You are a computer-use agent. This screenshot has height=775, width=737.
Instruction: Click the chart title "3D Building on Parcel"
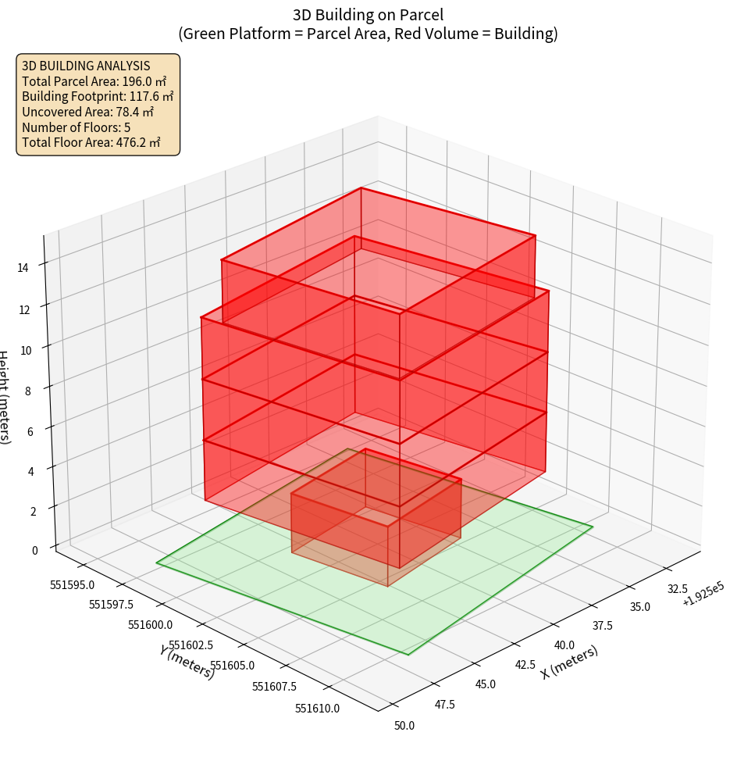[368, 14]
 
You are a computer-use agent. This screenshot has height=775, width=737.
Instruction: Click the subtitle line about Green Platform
[368, 34]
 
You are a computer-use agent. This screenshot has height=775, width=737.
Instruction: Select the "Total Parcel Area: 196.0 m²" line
[94, 80]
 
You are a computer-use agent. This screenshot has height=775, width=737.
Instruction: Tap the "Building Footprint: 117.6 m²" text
[98, 96]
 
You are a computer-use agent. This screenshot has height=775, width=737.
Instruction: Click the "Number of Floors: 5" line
[77, 127]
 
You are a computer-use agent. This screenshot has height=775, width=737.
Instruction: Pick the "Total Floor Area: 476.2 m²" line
[91, 142]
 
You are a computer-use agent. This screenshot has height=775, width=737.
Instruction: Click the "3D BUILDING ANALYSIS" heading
[86, 66]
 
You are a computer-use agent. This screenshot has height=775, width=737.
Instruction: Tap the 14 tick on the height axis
[23, 267]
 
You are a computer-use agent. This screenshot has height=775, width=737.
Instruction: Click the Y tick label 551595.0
[71, 584]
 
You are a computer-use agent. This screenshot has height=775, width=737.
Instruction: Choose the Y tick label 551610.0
[318, 708]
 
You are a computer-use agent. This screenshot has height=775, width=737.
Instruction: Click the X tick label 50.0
[404, 726]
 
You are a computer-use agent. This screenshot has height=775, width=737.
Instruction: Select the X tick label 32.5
[676, 589]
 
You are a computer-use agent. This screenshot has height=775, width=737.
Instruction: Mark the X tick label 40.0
[564, 645]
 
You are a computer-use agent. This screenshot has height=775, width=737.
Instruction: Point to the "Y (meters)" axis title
[187, 662]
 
